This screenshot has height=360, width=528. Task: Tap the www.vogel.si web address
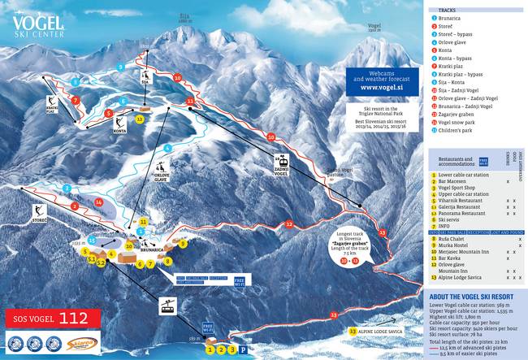click(x=386, y=87)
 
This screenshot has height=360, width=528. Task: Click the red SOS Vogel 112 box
click(x=54, y=317)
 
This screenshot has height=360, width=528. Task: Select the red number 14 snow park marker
click(x=99, y=202)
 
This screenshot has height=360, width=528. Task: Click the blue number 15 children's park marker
click(x=93, y=241)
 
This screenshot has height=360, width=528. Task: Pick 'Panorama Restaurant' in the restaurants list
click(x=461, y=213)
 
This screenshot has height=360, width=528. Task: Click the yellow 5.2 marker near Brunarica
click(x=101, y=262)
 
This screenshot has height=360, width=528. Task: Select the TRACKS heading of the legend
click(x=447, y=11)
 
